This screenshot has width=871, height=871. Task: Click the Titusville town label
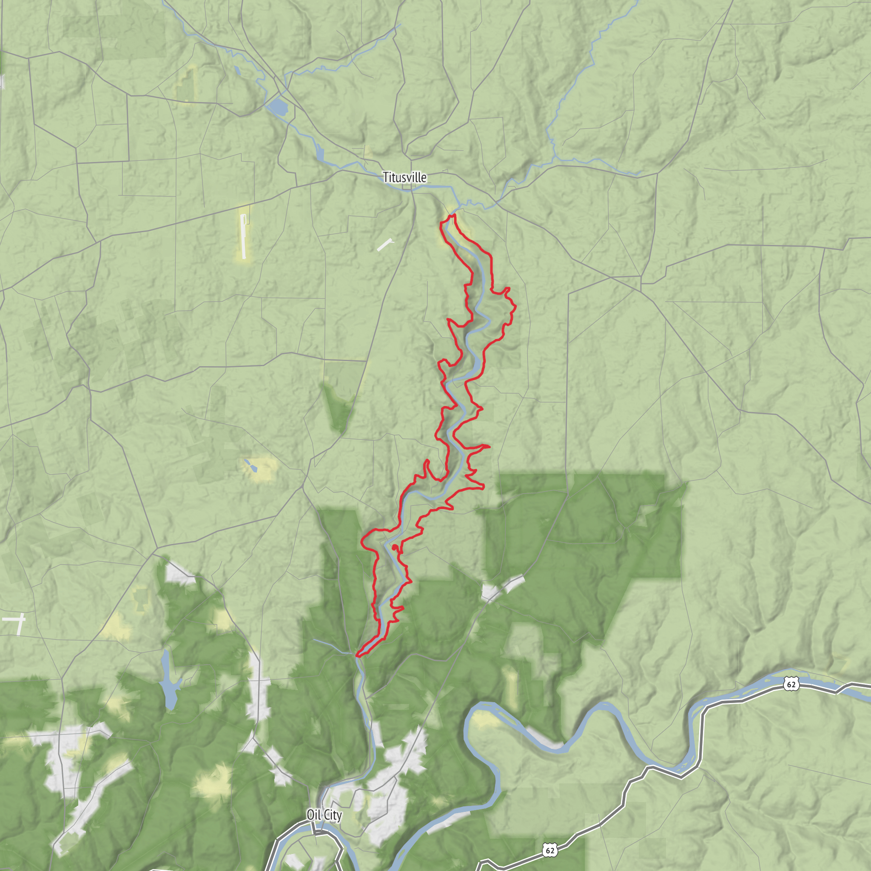(404, 177)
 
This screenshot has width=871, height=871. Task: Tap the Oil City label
(324, 814)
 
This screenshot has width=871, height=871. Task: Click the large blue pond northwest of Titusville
(277, 107)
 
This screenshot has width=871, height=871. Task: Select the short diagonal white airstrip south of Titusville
(384, 245)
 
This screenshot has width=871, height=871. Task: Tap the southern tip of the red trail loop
(358, 656)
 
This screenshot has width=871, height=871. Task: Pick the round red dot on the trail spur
(395, 547)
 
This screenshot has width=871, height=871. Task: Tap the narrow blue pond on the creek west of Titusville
(320, 153)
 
